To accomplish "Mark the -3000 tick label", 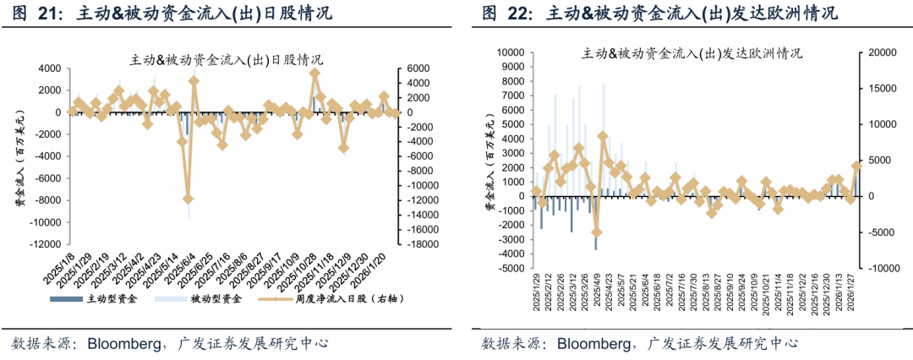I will coord(510,239).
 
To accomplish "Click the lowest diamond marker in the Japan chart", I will coord(188,199).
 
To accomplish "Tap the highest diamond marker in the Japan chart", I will coord(314,74).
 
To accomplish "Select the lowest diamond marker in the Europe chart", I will coord(596,232).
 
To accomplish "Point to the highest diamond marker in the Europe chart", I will coord(603,136).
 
